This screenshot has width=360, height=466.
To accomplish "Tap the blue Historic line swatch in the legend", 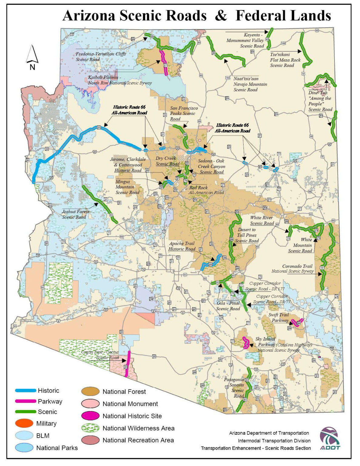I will [x=25, y=390].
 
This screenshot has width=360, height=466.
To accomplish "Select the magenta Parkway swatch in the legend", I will [x=25, y=401].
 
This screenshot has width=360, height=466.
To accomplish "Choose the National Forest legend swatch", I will [x=90, y=391].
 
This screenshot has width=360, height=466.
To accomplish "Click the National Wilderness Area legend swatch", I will [x=90, y=428].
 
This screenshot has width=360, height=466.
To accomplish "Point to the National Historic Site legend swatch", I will [x=90, y=416].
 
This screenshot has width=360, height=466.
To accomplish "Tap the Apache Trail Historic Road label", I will [x=182, y=246].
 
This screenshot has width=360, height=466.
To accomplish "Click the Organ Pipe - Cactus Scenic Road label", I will [x=100, y=355].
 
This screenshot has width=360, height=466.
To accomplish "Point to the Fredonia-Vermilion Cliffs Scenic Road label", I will [x=100, y=56].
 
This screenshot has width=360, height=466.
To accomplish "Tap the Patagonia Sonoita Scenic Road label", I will [x=235, y=388].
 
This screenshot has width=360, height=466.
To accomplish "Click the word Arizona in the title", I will [x=89, y=16].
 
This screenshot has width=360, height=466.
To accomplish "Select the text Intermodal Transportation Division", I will [x=274, y=441].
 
